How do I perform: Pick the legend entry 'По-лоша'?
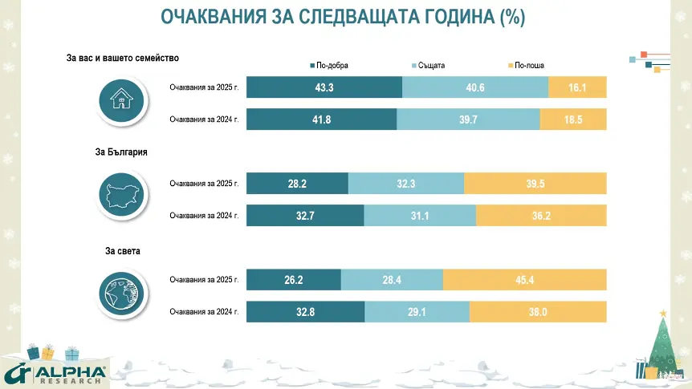pos(530,65)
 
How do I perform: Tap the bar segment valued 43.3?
pos(324,87)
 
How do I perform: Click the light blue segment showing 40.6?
pos(474,87)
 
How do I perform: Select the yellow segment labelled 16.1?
pos(577,87)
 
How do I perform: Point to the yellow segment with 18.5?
pos(573,119)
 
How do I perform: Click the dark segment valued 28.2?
pos(297,184)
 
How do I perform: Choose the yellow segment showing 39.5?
pos(535,184)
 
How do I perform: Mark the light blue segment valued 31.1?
pos(419,216)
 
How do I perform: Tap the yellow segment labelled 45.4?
pos(524,280)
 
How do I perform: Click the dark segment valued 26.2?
pos(293,280)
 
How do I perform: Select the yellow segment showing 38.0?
pos(538,312)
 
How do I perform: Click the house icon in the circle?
pos(120,101)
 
